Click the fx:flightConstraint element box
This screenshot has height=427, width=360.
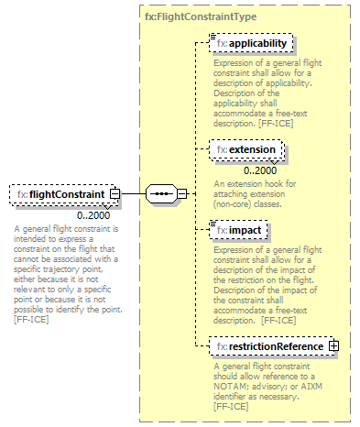(61, 194)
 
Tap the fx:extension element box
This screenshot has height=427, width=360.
(246, 148)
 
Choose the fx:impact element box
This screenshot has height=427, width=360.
(237, 230)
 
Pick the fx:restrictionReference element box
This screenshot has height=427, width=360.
(267, 346)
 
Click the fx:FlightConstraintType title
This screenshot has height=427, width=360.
(201, 16)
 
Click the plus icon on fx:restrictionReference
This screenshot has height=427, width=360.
(333, 346)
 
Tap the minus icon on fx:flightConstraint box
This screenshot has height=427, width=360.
(115, 194)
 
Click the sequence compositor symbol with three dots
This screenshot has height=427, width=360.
(161, 194)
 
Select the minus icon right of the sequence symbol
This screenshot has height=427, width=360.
(181, 194)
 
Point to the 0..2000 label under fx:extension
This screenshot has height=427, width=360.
(260, 170)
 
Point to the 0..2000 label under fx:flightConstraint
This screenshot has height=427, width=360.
(93, 215)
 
